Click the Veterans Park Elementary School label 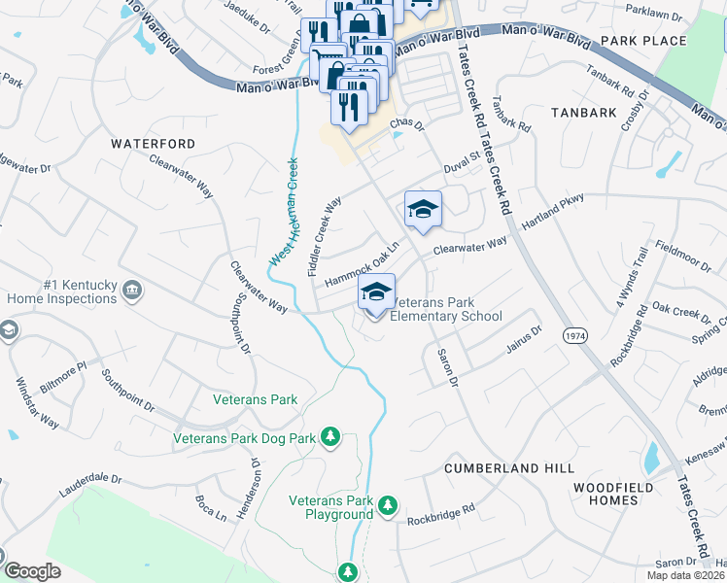coord(445,309)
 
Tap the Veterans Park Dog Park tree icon coord(331,438)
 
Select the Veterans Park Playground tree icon coord(388,506)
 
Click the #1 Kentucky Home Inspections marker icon coord(133,288)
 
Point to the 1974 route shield coord(572,334)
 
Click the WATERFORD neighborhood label coord(153,144)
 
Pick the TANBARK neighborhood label coord(583,113)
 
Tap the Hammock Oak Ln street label coord(362,264)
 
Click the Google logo coord(33,571)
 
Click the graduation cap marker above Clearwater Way coord(423,209)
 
